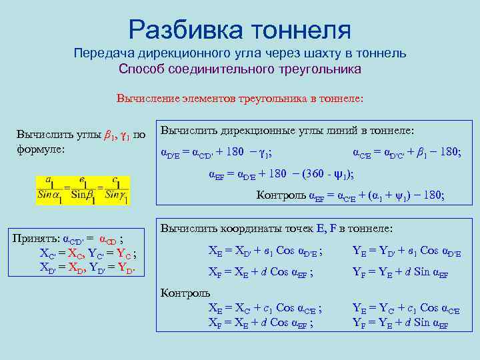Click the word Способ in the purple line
[x=141, y=69]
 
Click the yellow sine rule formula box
[x=83, y=190]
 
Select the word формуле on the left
[x=39, y=148]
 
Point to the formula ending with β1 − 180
[x=406, y=152]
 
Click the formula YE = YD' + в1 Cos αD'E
[x=406, y=251]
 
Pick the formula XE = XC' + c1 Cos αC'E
[x=265, y=309]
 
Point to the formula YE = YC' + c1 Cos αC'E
[x=406, y=309]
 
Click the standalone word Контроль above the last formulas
[x=186, y=293]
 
